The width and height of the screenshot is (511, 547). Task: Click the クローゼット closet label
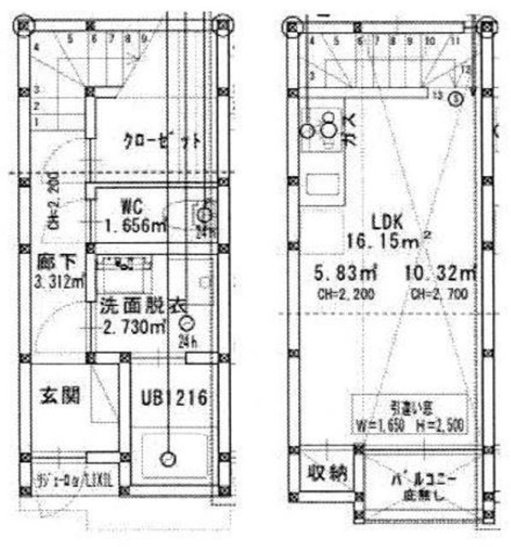[x=162, y=142]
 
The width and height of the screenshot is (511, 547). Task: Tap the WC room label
[x=131, y=206]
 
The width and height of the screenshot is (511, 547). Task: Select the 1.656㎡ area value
[x=135, y=225]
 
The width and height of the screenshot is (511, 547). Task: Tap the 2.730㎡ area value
[x=135, y=326]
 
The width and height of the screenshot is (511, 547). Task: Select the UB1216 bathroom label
[x=175, y=397]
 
